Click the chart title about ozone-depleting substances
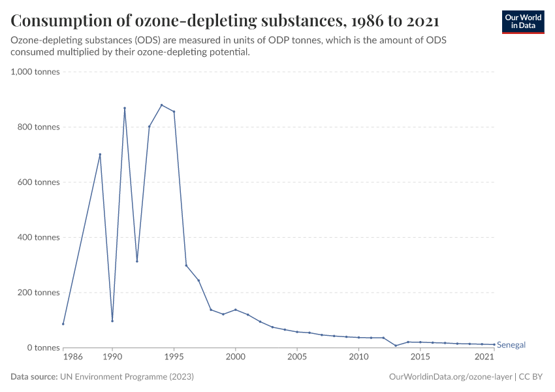click(225, 21)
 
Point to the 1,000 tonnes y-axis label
click(35, 72)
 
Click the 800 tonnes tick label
click(38, 127)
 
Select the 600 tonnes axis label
click(38, 182)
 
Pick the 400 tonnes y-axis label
click(38, 237)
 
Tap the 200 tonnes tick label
click(38, 293)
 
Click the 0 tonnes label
click(43, 348)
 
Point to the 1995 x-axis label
click(174, 357)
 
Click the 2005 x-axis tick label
click(297, 357)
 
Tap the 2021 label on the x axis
click(484, 357)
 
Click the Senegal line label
click(511, 344)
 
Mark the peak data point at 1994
click(161, 105)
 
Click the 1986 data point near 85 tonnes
click(63, 324)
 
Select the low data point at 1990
click(112, 321)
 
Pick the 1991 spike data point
click(125, 108)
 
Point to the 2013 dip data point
click(396, 346)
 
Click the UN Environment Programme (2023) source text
click(127, 377)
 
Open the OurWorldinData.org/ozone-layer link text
click(450, 377)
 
